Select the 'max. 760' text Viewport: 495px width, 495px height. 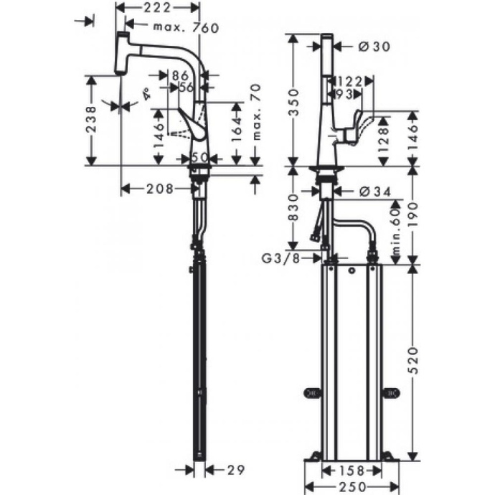[x=186, y=28]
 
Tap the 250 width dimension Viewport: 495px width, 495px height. [x=349, y=486]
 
